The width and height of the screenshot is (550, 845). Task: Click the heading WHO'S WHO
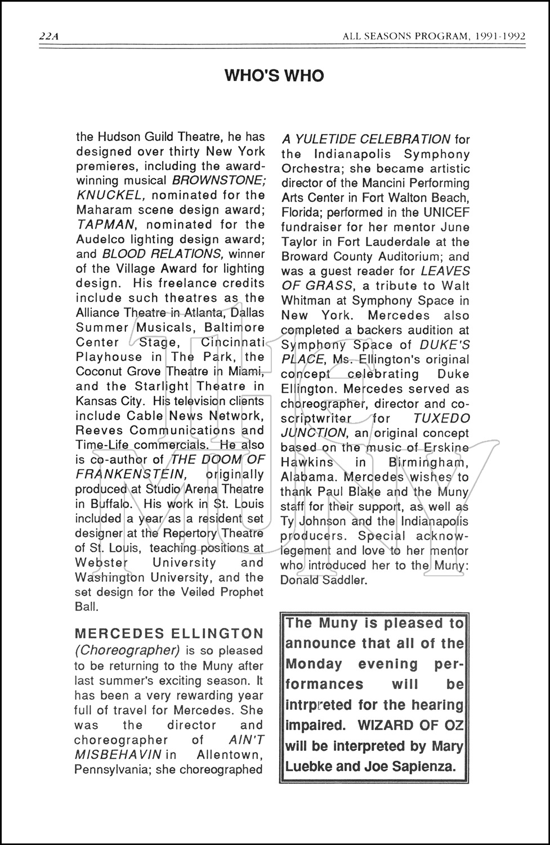pos(274,76)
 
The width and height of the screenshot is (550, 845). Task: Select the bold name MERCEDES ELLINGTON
pos(169,634)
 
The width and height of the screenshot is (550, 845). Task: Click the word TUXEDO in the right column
pos(441,418)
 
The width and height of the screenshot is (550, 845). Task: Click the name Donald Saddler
pos(324,580)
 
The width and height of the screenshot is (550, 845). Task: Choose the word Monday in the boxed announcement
pos(314,664)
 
